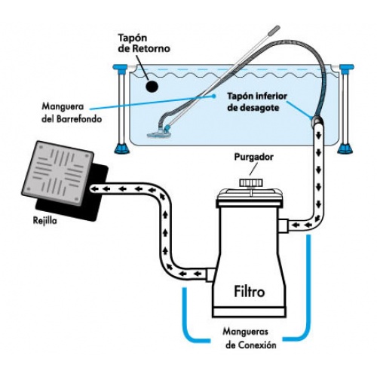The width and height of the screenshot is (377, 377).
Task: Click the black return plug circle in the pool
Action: click(152, 86)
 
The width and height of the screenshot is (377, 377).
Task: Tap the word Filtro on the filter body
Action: click(250, 292)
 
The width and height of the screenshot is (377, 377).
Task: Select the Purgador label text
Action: click(254, 157)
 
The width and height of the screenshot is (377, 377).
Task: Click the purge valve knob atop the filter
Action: click(251, 182)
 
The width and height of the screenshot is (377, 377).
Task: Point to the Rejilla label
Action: click(45, 221)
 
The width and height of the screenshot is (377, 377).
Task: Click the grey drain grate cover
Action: click(58, 173)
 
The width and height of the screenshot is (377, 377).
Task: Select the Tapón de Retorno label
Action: click(144, 43)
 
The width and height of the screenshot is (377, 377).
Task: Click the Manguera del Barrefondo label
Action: click(72, 112)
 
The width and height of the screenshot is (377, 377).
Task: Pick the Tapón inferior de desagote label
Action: click(257, 102)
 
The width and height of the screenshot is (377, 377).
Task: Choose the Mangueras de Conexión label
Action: click(250, 339)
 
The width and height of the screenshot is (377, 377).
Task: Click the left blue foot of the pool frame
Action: click(122, 149)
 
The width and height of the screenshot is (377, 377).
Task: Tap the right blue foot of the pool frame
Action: click(345, 149)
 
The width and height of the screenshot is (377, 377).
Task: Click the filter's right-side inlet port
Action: click(284, 225)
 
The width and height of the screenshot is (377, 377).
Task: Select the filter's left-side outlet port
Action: click(210, 274)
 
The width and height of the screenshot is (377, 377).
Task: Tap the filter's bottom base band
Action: click(249, 312)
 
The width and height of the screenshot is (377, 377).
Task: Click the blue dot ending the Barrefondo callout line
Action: click(214, 96)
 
